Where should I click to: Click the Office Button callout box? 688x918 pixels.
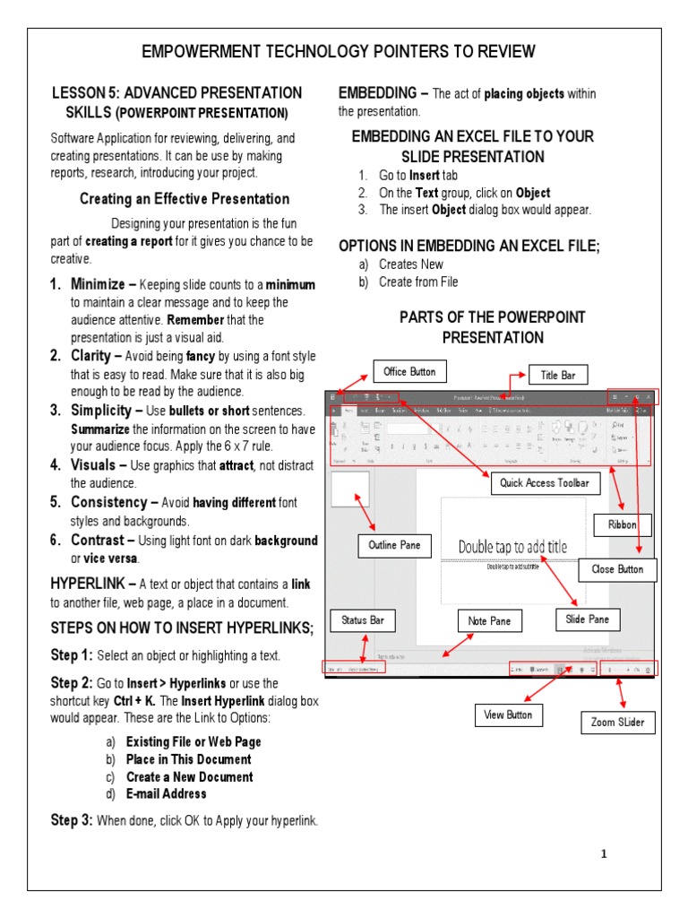(409, 372)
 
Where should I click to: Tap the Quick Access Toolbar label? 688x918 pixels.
(544, 483)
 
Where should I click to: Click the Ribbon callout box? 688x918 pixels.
(622, 525)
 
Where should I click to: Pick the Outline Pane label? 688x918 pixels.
(394, 544)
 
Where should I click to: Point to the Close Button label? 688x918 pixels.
(617, 569)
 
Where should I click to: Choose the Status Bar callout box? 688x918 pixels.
(363, 619)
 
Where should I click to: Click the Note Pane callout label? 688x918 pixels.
(489, 620)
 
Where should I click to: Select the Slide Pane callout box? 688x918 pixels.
(588, 619)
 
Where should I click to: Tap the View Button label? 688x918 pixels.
(508, 714)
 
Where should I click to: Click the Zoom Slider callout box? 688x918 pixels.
(617, 722)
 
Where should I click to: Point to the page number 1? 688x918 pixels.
(604, 853)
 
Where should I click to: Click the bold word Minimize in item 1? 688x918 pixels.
(98, 284)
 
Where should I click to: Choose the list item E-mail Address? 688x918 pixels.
(166, 793)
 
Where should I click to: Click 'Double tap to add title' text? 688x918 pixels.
(512, 547)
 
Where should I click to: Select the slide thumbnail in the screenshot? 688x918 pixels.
(350, 490)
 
